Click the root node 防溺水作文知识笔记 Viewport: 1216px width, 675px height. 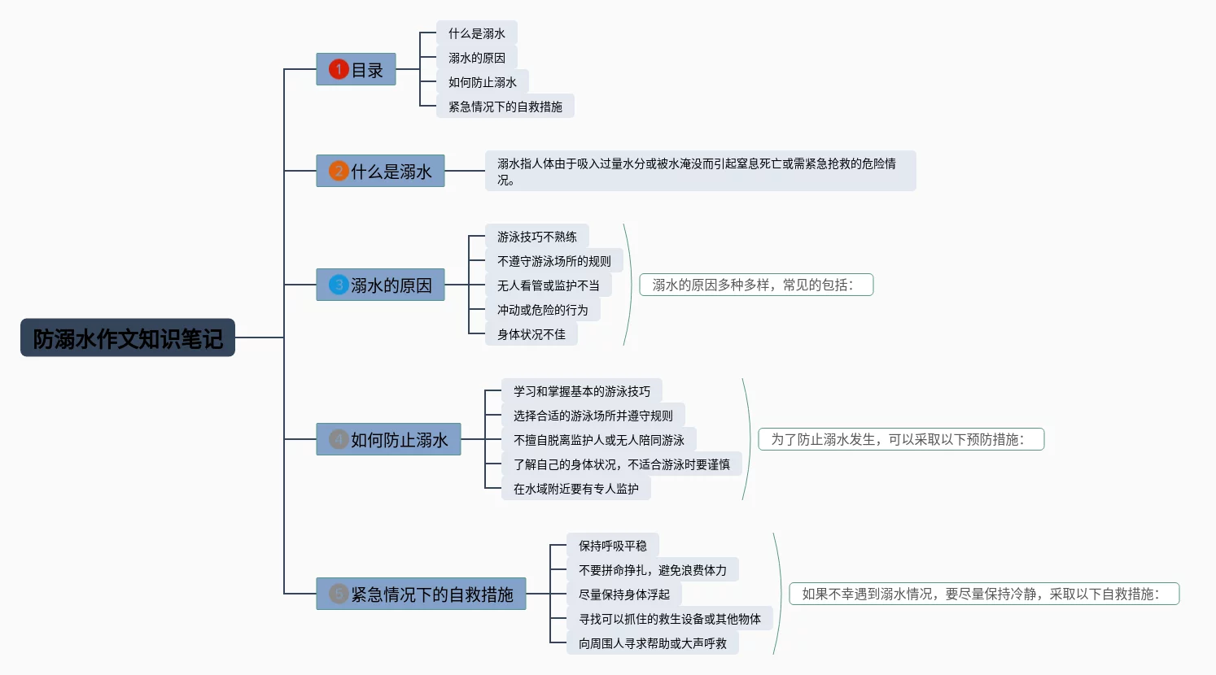[x=128, y=337]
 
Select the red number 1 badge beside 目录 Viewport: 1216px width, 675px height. [x=339, y=70]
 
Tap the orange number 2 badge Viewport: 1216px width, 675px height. [x=339, y=172]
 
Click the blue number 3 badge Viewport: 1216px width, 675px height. [x=339, y=285]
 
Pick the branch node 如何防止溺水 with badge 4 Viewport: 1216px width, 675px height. [x=389, y=440]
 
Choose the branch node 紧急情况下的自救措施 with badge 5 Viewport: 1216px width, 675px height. [x=422, y=594]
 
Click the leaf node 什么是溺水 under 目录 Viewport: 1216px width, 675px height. [x=477, y=33]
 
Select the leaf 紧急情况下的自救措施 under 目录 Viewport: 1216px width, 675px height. [x=505, y=107]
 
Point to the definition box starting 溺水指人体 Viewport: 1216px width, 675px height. [x=700, y=171]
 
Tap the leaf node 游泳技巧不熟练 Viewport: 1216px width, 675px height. [x=537, y=237]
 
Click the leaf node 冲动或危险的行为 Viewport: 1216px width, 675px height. [x=542, y=310]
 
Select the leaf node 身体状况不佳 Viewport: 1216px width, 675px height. [x=531, y=334]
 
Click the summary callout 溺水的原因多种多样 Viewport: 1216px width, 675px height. [x=756, y=285]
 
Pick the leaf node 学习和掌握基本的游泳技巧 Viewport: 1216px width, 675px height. [x=581, y=391]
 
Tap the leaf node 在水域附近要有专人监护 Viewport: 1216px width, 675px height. [x=575, y=489]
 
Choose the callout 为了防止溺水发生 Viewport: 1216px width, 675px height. [x=901, y=439]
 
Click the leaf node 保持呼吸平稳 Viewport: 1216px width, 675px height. [x=612, y=546]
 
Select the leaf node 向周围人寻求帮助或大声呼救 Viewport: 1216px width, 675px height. [x=652, y=643]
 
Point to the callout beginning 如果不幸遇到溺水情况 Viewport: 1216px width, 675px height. [x=984, y=594]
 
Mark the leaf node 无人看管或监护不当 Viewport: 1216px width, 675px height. [x=548, y=285]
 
